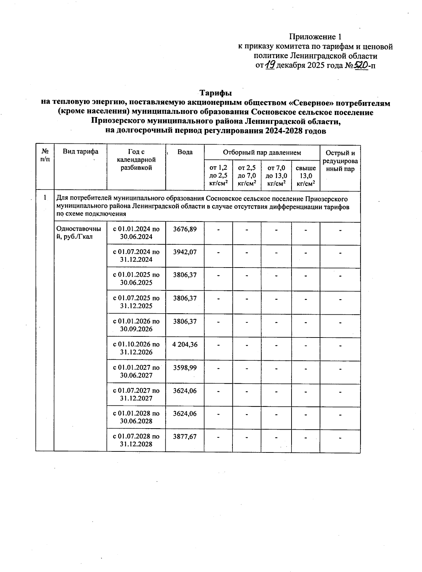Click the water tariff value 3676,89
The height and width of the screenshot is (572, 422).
pyautogui.click(x=185, y=229)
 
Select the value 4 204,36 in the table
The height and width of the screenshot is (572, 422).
pyautogui.click(x=185, y=345)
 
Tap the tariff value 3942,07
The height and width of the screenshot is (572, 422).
pyautogui.click(x=185, y=252)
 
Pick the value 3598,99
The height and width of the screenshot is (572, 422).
pyautogui.click(x=185, y=368)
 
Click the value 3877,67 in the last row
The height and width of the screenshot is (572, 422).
pyautogui.click(x=185, y=437)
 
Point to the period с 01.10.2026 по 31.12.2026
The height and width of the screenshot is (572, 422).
pyautogui.click(x=136, y=348)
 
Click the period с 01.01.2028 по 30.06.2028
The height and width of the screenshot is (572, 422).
pyautogui.click(x=136, y=417)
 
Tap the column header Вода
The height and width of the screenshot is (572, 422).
pyautogui.click(x=185, y=152)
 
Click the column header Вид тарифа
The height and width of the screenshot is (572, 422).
pyautogui.click(x=81, y=152)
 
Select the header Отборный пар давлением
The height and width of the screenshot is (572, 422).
pyautogui.click(x=262, y=153)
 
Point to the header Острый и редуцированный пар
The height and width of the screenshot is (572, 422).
pyautogui.click(x=340, y=161)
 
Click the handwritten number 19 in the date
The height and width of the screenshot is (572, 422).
pyautogui.click(x=270, y=65)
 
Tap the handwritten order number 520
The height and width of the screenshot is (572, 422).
pyautogui.click(x=360, y=65)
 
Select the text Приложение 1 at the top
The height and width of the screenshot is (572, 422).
pyautogui.click(x=315, y=37)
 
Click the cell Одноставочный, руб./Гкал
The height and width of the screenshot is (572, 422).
pyautogui.click(x=79, y=233)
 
